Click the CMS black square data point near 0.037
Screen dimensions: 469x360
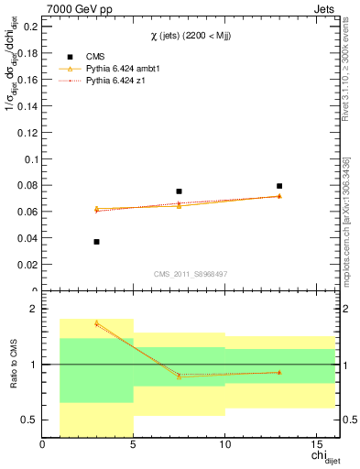[x=96, y=242]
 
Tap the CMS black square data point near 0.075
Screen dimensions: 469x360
[x=179, y=191]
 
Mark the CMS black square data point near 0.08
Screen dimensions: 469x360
[x=279, y=186]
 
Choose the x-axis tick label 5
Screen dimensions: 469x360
[x=134, y=446]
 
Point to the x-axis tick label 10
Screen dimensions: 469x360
[x=224, y=446]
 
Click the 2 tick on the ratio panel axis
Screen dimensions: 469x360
[x=33, y=310]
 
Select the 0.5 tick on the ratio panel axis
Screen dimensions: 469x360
[x=28, y=420]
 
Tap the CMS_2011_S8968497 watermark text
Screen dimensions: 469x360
[x=191, y=274]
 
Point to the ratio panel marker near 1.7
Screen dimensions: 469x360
[x=96, y=322]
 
